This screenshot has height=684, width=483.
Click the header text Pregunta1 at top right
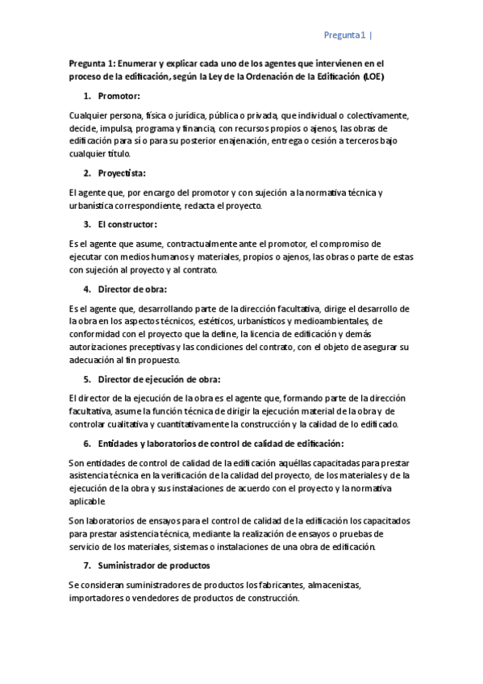(345, 35)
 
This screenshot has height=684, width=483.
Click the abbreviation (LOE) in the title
(373, 77)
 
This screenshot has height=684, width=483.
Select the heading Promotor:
(119, 96)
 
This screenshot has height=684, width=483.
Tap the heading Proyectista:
(122, 173)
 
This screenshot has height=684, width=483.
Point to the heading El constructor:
(127, 223)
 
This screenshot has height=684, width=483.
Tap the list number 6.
(87, 444)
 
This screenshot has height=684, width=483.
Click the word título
(112, 154)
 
